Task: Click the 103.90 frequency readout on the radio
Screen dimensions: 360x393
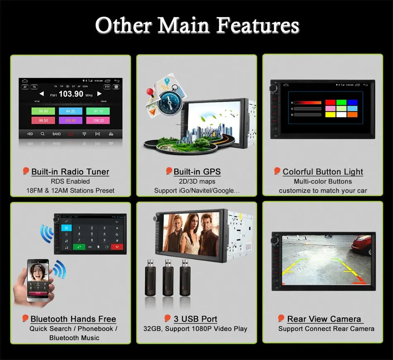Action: click(x=71, y=94)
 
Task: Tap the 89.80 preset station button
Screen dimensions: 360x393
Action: click(x=43, y=111)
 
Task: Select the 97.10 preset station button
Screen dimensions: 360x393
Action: click(x=98, y=111)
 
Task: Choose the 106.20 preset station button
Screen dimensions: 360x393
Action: click(x=98, y=120)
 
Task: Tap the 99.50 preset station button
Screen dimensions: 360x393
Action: click(x=43, y=120)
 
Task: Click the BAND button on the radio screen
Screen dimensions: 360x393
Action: click(x=57, y=134)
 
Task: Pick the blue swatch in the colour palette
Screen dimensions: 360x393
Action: click(x=352, y=102)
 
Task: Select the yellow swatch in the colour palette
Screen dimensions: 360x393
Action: click(x=331, y=115)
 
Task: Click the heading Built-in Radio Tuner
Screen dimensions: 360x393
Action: click(x=70, y=172)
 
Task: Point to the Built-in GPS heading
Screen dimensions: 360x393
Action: click(x=197, y=172)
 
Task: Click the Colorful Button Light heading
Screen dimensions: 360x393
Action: click(x=323, y=172)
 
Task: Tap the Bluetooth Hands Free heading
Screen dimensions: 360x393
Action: click(x=73, y=319)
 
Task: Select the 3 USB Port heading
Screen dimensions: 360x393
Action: click(x=195, y=319)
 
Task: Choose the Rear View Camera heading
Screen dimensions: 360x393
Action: click(x=324, y=319)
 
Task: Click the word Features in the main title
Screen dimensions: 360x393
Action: click(x=258, y=26)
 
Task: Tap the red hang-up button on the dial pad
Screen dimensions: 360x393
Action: click(x=117, y=247)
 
